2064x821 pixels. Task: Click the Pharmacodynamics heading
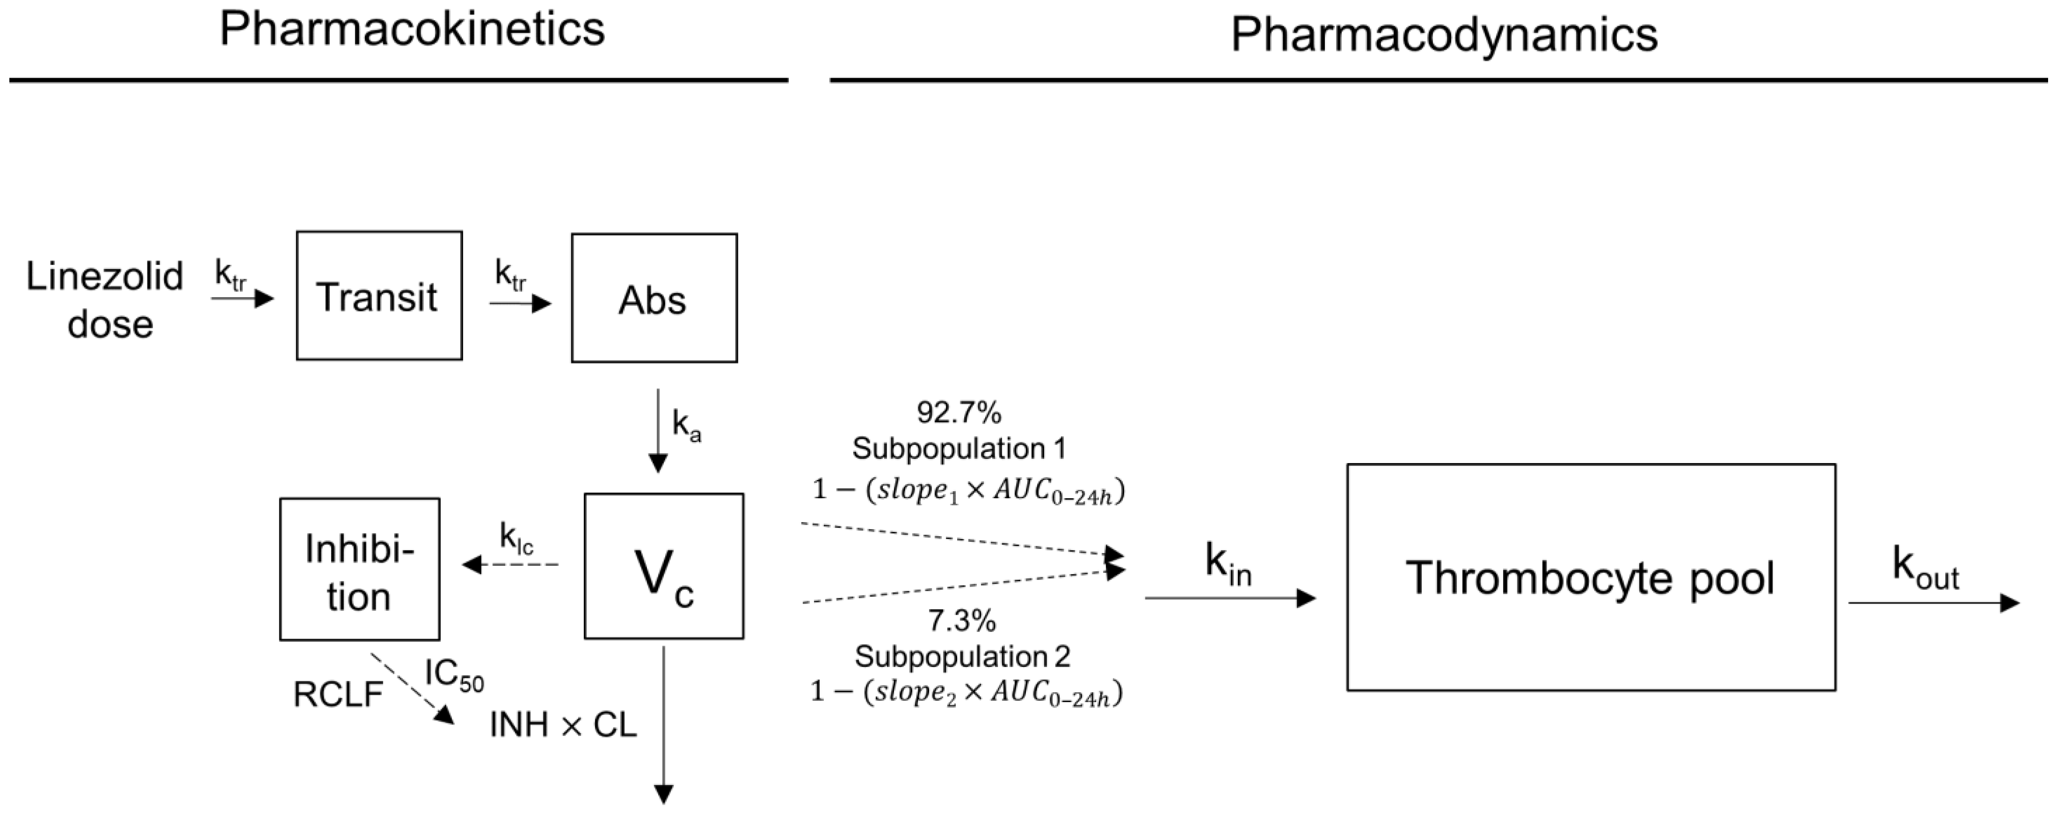(x=1444, y=35)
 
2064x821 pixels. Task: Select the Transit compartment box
(x=379, y=296)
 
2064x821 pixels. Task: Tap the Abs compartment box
(x=654, y=298)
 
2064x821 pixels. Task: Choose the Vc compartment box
(x=663, y=566)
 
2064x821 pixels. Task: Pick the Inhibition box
(x=360, y=569)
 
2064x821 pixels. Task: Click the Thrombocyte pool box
(x=1591, y=577)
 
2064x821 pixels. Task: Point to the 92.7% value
(x=959, y=413)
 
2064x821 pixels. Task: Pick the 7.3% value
(x=961, y=620)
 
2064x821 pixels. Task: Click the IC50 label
(x=453, y=675)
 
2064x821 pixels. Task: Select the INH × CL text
(x=563, y=725)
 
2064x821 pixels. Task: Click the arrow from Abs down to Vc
(x=658, y=430)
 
